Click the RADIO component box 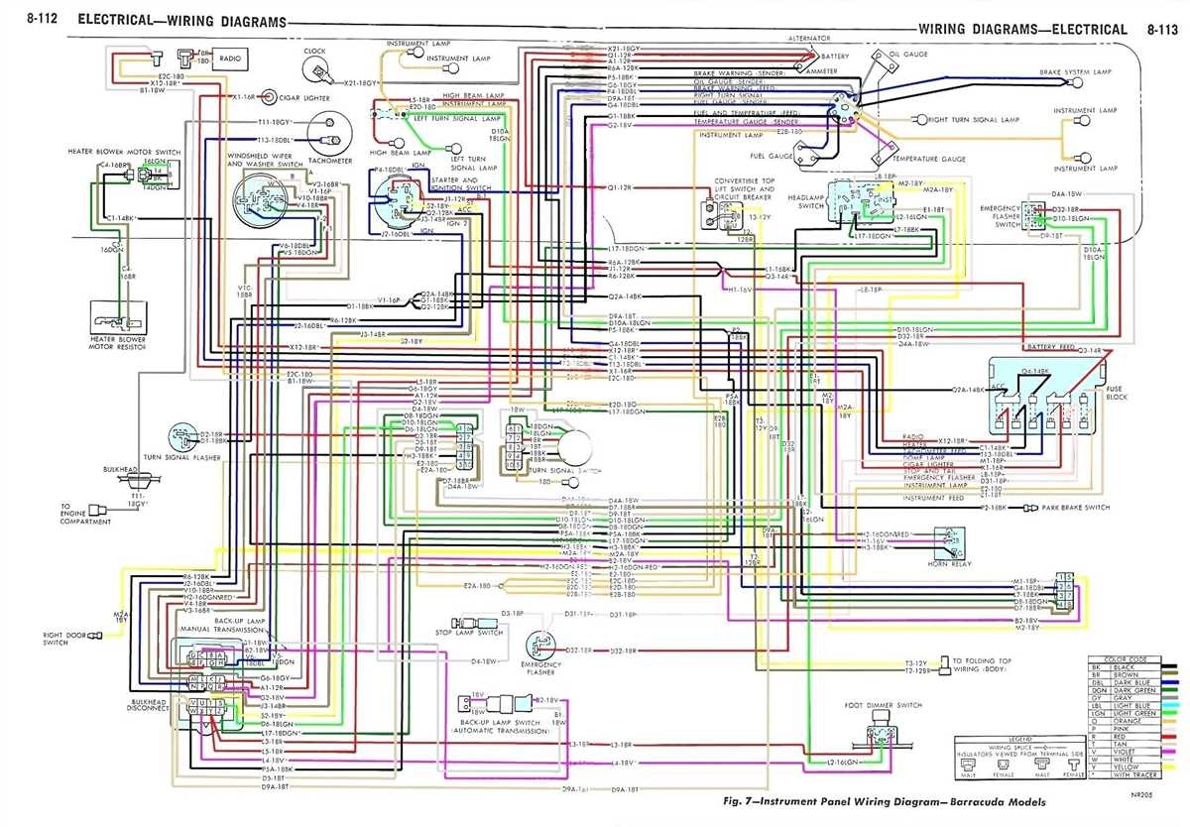[235, 59]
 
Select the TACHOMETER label [330, 160]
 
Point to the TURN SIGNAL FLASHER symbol [182, 435]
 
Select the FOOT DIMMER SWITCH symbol [881, 737]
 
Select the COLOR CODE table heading [1137, 660]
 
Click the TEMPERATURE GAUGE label [928, 159]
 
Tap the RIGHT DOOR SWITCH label [56, 638]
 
